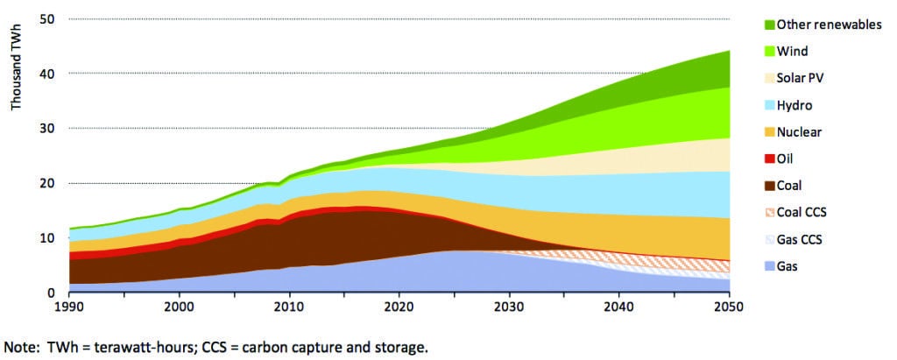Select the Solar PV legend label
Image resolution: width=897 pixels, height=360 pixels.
[801, 78]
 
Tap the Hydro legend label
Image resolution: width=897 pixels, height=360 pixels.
[795, 105]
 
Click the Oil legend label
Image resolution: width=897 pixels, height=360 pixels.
[786, 159]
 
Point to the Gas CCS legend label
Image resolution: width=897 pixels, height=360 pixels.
[800, 239]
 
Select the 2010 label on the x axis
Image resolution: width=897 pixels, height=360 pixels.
[289, 307]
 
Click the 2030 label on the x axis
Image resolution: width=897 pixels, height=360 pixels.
[509, 307]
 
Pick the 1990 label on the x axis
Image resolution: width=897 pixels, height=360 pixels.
[69, 307]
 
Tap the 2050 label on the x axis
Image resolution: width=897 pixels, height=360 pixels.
[729, 307]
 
